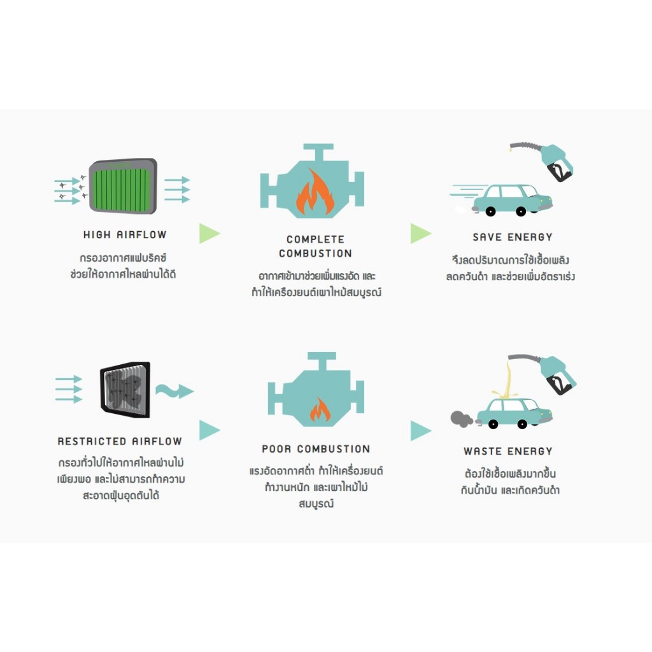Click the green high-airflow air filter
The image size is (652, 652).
tap(123, 185)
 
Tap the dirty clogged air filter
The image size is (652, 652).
tap(125, 389)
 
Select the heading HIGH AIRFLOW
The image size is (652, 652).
tap(125, 235)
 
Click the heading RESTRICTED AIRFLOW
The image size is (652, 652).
tap(120, 441)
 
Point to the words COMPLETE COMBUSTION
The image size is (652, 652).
tap(315, 246)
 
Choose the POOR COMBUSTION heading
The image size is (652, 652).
tap(316, 449)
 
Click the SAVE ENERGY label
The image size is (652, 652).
tap(513, 237)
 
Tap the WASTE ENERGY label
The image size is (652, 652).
tap(508, 451)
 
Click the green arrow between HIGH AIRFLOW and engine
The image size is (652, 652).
tap(209, 234)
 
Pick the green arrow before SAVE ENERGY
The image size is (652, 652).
tap(420, 234)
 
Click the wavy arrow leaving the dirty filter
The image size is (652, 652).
tap(174, 390)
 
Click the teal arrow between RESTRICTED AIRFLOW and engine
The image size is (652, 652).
tap(209, 430)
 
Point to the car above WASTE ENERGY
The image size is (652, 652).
tap(513, 413)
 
